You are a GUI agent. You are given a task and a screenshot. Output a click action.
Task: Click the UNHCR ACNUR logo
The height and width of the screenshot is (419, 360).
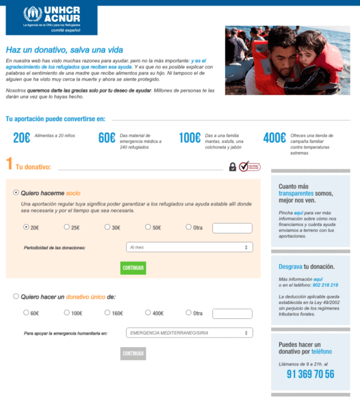click(x=51, y=18)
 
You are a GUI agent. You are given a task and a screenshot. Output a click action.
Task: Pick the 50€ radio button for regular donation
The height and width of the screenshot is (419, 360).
click(x=147, y=227)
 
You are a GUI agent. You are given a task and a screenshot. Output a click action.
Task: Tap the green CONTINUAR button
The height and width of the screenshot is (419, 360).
click(x=133, y=268)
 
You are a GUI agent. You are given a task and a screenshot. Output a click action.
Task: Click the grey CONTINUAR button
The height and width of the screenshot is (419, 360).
click(x=133, y=353)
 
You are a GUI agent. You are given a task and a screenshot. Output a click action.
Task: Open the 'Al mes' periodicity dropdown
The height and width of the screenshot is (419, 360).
click(x=189, y=247)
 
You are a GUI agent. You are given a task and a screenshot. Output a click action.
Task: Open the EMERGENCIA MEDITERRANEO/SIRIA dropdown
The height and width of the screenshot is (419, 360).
click(x=189, y=333)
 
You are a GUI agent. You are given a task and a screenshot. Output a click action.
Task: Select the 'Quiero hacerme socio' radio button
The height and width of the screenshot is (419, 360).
click(x=16, y=193)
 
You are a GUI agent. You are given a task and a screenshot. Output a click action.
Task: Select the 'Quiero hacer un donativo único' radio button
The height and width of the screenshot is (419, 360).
click(x=16, y=296)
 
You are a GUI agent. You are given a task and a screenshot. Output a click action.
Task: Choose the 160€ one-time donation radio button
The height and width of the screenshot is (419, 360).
click(x=107, y=313)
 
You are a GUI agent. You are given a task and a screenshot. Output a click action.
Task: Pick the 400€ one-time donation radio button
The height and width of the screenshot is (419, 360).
click(x=147, y=313)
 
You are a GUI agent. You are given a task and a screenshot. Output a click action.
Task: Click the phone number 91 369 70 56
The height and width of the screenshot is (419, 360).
click(x=310, y=374)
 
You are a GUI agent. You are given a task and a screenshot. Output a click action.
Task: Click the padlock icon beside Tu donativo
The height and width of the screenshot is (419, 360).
click(x=233, y=166)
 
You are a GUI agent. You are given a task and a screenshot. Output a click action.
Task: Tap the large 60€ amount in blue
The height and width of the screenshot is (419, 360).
click(x=107, y=138)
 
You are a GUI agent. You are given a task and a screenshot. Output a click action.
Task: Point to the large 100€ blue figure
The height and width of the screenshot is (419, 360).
click(x=189, y=138)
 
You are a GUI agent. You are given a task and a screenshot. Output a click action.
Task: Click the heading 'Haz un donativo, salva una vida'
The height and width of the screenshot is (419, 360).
click(x=64, y=49)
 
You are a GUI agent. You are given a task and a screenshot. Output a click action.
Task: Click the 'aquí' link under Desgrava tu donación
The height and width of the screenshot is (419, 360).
click(x=318, y=279)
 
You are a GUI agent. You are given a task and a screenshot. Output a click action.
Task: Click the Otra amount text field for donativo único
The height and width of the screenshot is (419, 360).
click(x=232, y=314)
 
